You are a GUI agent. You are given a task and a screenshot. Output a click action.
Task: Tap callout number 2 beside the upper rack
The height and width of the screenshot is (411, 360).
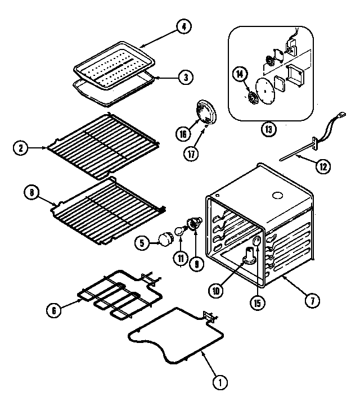point(21,148)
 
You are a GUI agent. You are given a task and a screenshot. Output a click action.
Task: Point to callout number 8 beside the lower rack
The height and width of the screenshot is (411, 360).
point(31,193)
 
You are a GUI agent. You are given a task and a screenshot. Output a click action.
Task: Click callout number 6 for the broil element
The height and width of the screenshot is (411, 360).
point(53,309)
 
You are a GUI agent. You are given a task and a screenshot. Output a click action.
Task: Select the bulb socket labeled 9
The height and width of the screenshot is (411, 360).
point(195,225)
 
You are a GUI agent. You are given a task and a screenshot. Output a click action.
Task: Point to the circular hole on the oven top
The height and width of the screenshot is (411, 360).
point(277,196)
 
